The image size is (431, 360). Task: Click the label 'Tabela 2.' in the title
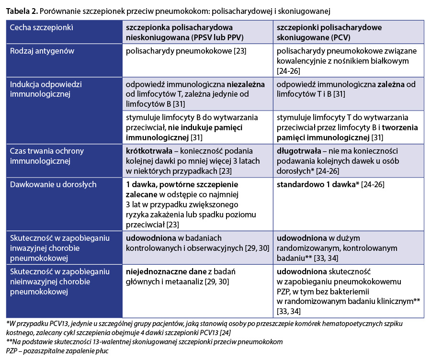(22, 10)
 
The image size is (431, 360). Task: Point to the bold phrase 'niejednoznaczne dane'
(162, 272)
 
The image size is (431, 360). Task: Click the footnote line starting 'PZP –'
(57, 351)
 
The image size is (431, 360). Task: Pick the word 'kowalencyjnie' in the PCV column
(302, 61)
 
